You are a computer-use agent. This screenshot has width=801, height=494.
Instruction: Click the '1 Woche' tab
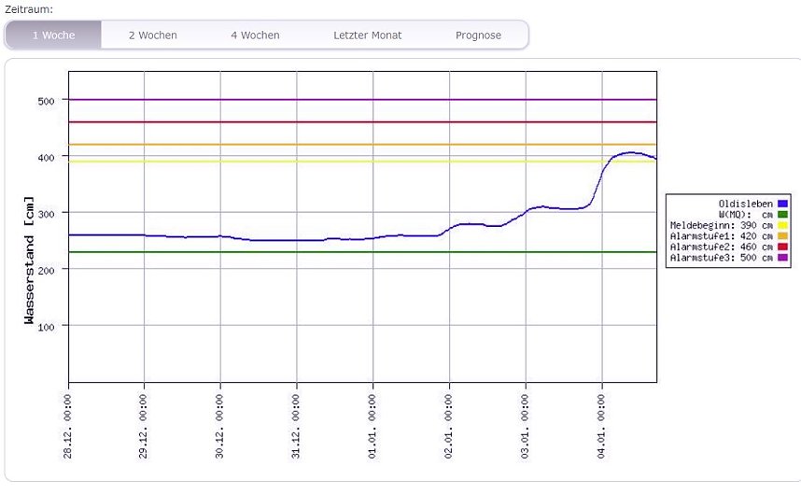pyautogui.click(x=53, y=35)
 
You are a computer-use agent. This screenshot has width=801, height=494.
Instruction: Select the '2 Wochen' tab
pyautogui.click(x=152, y=35)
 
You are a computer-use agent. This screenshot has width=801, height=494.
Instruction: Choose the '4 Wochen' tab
pyautogui.click(x=255, y=35)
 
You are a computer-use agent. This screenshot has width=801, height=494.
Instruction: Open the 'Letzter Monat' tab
pyautogui.click(x=367, y=35)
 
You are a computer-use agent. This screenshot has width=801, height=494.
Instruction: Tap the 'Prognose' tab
pyautogui.click(x=478, y=35)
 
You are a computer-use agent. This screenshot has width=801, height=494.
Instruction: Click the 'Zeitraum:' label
pyautogui.click(x=29, y=8)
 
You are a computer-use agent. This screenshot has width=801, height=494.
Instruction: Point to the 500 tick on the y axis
pyautogui.click(x=47, y=100)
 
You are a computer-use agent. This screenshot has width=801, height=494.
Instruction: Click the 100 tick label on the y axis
pyautogui.click(x=47, y=326)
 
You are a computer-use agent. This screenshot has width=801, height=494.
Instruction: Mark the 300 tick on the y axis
pyautogui.click(x=47, y=213)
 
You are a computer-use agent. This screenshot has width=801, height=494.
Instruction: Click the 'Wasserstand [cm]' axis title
pyautogui.click(x=29, y=261)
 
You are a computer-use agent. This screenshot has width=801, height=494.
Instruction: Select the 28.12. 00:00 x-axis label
pyautogui.click(x=69, y=426)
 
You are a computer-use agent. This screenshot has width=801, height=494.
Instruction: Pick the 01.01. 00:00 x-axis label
pyautogui.click(x=373, y=426)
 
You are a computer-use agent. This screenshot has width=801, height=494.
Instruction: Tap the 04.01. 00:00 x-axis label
pyautogui.click(x=602, y=426)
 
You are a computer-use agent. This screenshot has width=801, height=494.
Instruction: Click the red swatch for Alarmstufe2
pyautogui.click(x=782, y=247)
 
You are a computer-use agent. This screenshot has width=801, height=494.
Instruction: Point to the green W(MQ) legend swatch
pyautogui.click(x=782, y=215)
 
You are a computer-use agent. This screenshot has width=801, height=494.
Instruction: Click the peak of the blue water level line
pyautogui.click(x=630, y=152)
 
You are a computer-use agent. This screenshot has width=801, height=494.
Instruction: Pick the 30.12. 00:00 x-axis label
pyautogui.click(x=221, y=426)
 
